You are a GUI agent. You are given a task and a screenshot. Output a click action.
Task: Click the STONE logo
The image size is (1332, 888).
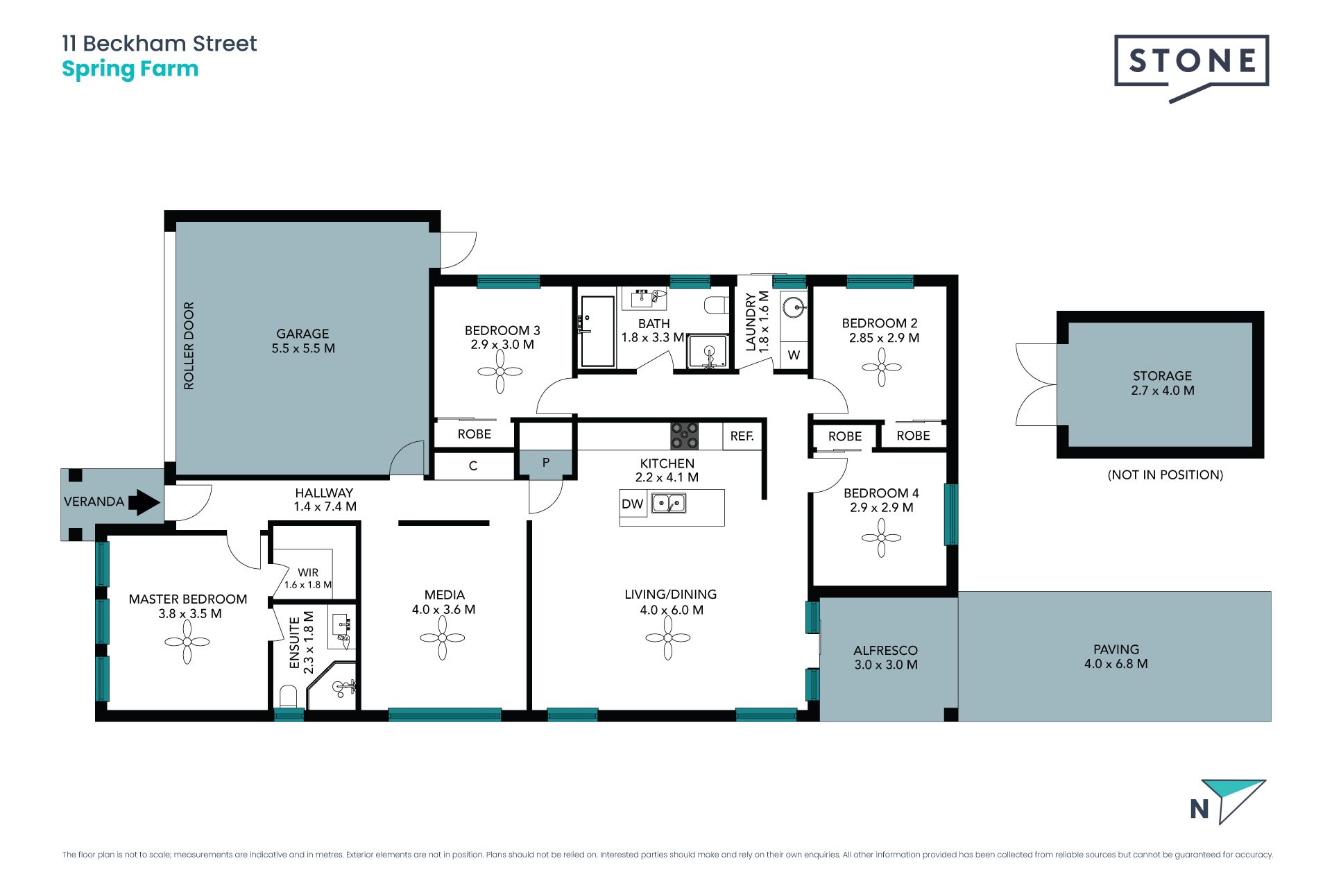tap(1191, 67)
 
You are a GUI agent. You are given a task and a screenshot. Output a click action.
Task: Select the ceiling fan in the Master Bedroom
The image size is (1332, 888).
tap(187, 642)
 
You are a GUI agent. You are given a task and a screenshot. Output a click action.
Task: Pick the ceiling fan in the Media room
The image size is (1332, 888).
tap(443, 638)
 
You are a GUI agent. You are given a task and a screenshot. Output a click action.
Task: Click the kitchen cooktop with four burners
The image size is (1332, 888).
tap(684, 436)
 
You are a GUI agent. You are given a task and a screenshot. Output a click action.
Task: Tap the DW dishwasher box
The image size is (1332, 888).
tap(633, 504)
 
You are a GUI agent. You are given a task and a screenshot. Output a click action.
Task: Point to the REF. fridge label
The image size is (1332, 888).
tap(742, 436)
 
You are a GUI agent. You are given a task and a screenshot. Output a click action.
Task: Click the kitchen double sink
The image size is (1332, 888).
tap(669, 502)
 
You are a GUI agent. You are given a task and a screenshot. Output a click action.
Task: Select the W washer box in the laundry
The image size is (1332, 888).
tap(794, 355)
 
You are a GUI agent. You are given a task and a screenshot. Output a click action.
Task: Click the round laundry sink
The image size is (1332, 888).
tap(794, 306)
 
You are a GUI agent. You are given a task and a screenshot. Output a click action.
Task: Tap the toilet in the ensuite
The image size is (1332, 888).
tap(288, 696)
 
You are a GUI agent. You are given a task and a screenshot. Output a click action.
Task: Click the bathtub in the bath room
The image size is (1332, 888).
tap(597, 331)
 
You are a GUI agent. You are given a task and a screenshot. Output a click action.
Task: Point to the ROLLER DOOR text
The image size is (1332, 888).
tap(189, 345)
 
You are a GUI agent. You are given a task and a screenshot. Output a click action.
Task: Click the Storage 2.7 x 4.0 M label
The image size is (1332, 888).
tap(1163, 383)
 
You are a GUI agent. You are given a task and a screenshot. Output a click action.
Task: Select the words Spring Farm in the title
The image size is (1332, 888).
tap(130, 70)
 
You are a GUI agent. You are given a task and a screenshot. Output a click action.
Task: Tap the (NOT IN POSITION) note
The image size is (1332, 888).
tap(1165, 475)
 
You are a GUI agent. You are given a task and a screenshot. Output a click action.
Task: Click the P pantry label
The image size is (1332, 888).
tap(546, 462)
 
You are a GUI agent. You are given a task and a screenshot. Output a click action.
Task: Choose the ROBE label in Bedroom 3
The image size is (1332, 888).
tap(475, 434)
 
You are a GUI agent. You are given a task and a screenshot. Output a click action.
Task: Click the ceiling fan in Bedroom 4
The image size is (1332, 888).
tap(881, 538)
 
